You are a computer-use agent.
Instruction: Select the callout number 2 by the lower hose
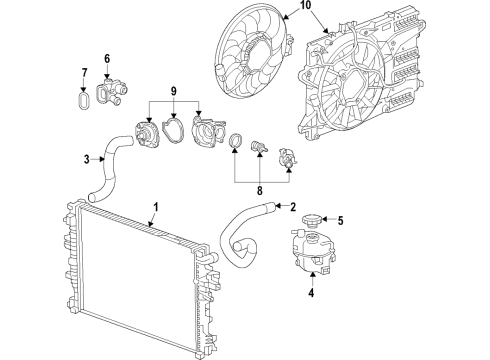293,207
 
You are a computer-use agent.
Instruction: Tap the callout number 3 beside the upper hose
86,158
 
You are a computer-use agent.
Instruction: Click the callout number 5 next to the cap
340,221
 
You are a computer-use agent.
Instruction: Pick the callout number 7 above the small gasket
84,75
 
